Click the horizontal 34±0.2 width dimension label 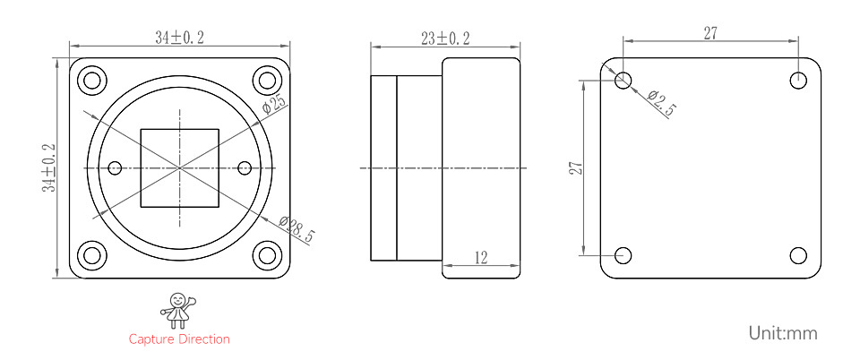pyautogui.click(x=179, y=38)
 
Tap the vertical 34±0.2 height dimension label pyautogui.click(x=49, y=167)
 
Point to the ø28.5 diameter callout pyautogui.click(x=297, y=228)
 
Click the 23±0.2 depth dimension pyautogui.click(x=445, y=39)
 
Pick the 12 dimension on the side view pyautogui.click(x=480, y=258)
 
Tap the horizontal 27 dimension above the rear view pyautogui.click(x=710, y=33)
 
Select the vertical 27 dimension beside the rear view pyautogui.click(x=575, y=167)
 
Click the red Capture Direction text pyautogui.click(x=179, y=339)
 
